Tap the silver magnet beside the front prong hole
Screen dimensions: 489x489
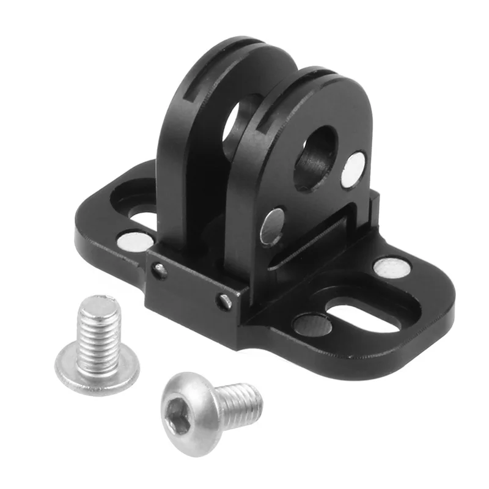click(x=353, y=169)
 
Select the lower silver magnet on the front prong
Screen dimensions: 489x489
click(x=272, y=226)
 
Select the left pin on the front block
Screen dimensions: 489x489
click(x=160, y=269)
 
